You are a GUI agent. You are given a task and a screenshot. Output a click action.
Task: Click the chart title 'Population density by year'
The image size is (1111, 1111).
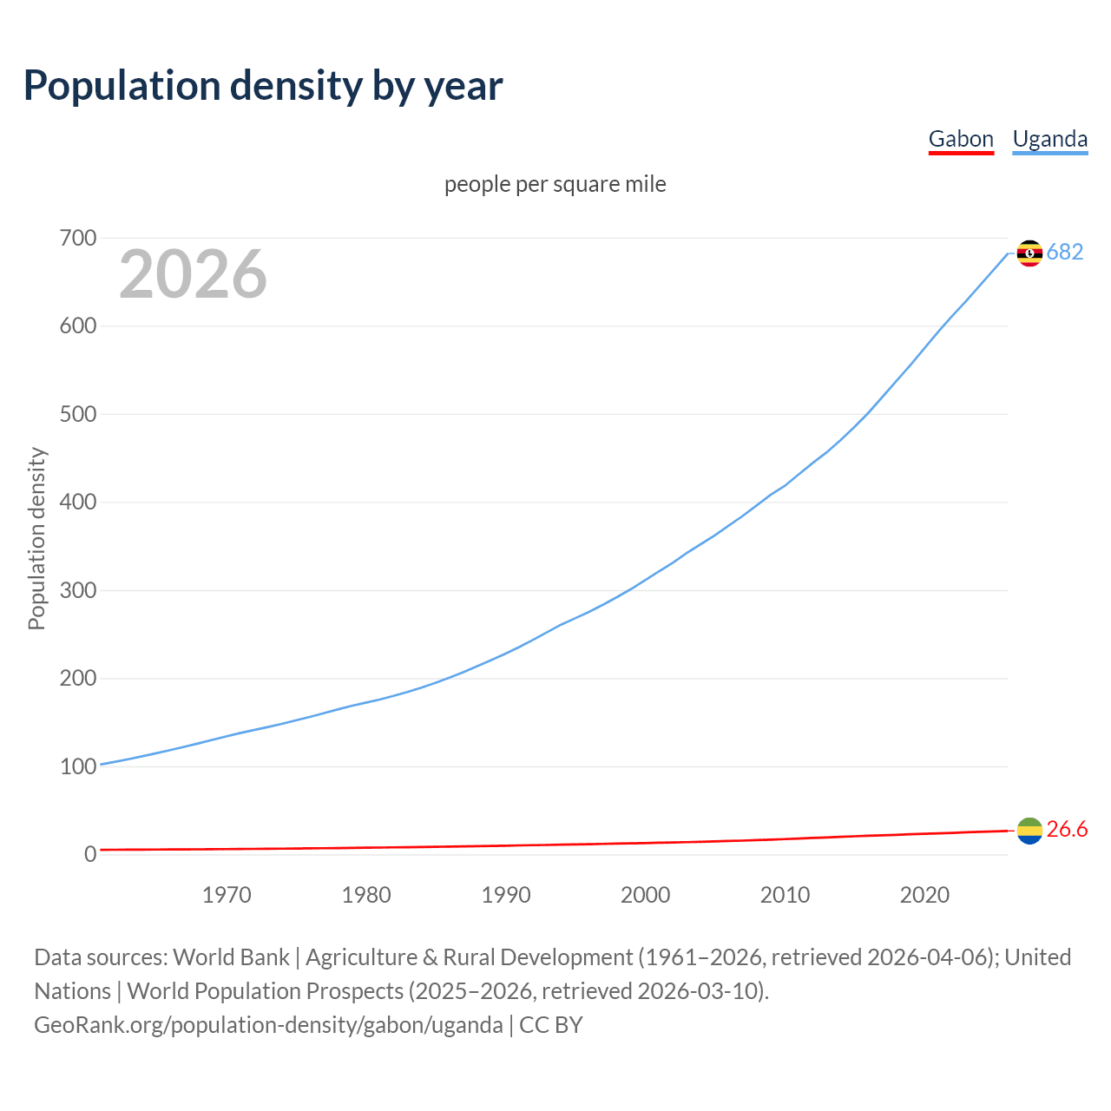263,86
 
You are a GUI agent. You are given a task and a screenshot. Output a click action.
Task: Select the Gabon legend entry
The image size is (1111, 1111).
961,139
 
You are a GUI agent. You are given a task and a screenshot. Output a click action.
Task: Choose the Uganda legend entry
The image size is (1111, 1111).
1049,139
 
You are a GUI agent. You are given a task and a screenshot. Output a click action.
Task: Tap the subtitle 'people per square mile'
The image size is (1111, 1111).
555,184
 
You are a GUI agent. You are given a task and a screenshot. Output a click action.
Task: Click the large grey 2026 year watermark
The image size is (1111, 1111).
193,274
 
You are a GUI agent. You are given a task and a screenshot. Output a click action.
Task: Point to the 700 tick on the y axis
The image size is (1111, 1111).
78,238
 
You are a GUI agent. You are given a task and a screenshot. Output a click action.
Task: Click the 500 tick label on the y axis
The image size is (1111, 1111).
78,414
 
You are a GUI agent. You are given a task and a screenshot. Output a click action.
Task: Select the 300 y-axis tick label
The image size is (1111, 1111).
78,590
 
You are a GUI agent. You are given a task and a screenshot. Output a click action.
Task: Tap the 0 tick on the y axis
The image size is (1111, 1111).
90,854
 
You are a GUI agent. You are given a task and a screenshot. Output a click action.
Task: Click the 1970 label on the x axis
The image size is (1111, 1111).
227,895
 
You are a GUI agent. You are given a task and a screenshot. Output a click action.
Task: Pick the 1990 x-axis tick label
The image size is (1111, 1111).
506,895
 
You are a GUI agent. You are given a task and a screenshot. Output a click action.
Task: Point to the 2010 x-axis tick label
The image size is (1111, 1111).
785,895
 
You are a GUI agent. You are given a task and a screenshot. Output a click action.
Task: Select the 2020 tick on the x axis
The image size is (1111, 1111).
924,895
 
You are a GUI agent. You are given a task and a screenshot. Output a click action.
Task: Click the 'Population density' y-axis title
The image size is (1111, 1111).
36,538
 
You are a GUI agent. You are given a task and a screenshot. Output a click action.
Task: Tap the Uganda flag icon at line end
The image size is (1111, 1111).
1029,253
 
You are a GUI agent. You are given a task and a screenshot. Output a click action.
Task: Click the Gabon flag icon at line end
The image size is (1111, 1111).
1029,831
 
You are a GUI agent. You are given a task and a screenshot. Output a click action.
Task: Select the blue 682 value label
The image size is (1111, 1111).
1065,252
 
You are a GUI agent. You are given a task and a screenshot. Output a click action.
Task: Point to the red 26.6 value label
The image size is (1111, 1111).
1067,830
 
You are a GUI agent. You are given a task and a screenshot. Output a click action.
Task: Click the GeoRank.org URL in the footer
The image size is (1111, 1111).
268,1025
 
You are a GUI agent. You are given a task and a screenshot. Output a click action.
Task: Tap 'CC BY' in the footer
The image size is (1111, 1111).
551,1025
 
